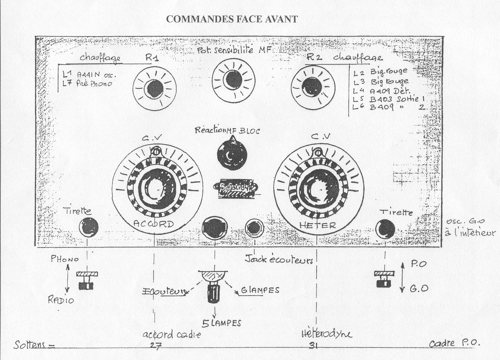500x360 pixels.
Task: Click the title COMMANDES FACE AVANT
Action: click(x=232, y=19)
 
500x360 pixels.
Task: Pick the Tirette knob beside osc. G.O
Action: click(x=386, y=229)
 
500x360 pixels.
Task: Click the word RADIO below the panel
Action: click(x=61, y=300)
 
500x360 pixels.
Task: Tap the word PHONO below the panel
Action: click(x=65, y=259)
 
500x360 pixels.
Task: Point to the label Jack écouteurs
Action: click(x=279, y=259)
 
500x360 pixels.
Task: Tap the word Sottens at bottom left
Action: click(x=30, y=345)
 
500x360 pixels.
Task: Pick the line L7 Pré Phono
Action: click(x=87, y=83)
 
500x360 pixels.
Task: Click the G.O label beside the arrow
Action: click(x=418, y=288)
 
